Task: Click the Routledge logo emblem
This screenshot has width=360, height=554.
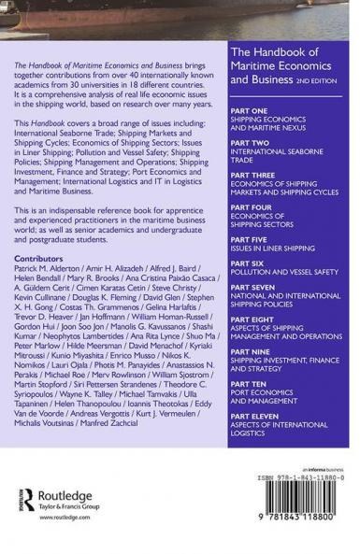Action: [x=31, y=503]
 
